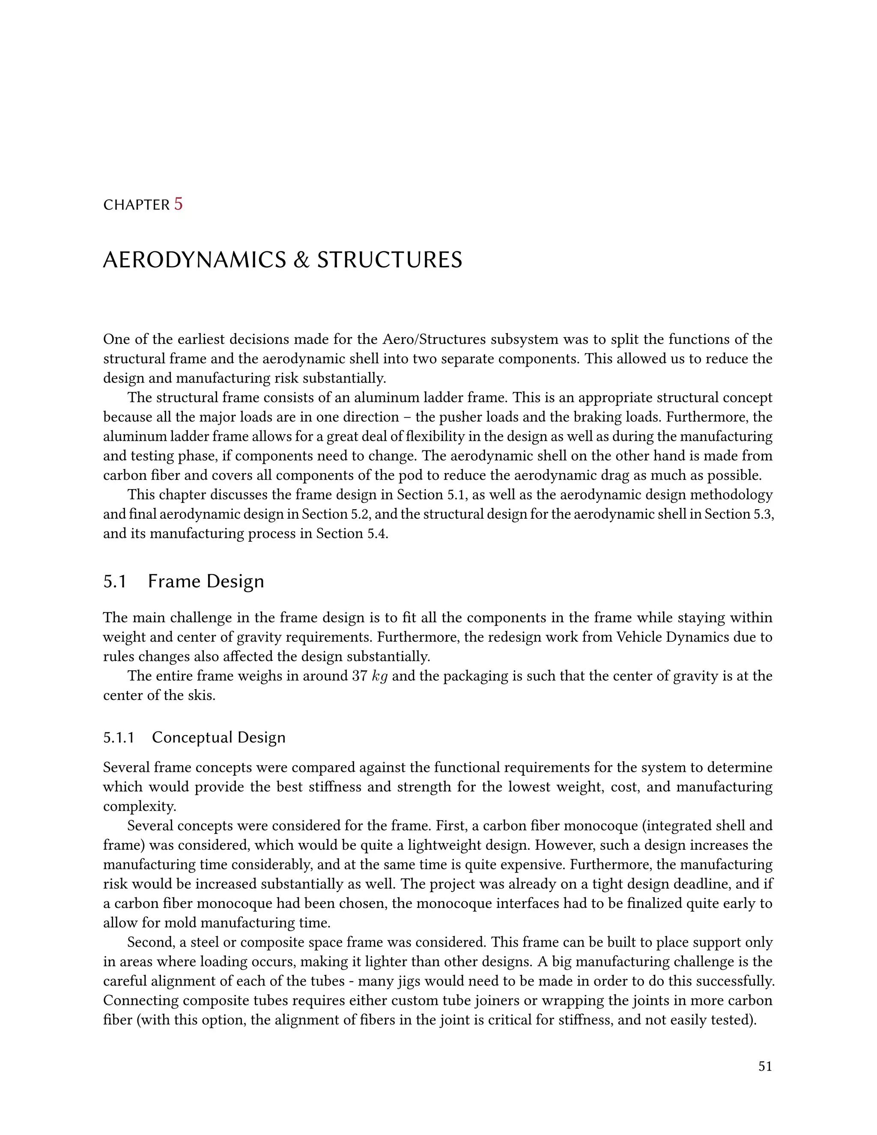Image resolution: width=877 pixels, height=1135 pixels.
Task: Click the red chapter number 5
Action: point(178,204)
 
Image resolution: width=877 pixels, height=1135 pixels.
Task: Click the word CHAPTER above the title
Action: point(136,205)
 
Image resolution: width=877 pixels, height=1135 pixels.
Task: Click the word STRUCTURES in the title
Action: point(389,260)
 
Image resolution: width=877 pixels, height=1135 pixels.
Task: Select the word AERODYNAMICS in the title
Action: point(194,260)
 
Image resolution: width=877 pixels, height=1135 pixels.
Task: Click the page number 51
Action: point(765,1066)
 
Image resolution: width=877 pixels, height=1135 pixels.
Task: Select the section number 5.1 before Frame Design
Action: point(115,581)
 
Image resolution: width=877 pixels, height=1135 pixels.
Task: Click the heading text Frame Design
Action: point(206,581)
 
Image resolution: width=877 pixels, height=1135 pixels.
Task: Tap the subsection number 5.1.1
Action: point(119,738)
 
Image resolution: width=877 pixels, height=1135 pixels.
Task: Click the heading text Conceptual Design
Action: point(219,738)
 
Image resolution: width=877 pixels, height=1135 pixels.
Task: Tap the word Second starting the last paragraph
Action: point(151,942)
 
